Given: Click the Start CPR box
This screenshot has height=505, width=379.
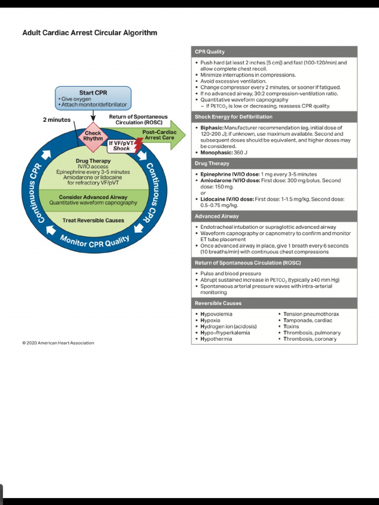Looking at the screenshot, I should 93,98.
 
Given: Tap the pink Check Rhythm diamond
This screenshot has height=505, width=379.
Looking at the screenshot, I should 93,136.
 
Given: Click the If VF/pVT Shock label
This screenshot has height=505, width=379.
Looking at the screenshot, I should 121,145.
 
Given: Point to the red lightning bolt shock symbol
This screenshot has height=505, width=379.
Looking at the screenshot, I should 138,144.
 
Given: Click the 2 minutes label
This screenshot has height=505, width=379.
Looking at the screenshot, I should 57,120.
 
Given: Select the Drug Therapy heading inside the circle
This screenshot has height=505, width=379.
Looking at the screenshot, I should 93,161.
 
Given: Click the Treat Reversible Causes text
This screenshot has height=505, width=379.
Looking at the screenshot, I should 93,220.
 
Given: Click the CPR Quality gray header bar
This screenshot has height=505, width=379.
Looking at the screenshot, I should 274,52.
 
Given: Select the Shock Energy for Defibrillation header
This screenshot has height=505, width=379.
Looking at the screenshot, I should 274,117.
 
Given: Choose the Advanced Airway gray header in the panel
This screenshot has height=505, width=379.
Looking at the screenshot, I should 274,216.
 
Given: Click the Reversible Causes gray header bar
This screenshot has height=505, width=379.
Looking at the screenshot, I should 274,303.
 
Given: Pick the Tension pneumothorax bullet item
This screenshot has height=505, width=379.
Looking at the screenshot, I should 311,314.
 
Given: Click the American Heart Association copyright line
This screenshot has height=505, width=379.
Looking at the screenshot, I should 58,343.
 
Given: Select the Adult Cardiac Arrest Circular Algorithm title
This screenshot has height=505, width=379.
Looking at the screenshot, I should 90,33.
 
